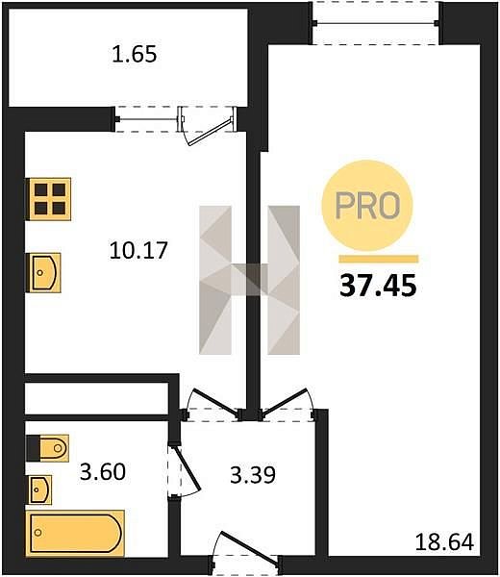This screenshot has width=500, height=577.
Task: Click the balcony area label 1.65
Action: [x=135, y=54]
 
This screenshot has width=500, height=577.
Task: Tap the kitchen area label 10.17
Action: [x=138, y=250]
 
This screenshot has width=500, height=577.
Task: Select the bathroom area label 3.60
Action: [x=103, y=471]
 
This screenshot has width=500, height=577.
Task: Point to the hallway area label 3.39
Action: [x=253, y=475]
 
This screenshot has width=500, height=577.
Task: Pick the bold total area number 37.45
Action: [x=378, y=286]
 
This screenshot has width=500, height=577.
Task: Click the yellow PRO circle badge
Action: [x=367, y=206]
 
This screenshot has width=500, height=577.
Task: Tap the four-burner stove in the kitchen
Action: [x=48, y=199]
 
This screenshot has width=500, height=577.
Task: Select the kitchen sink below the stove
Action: [x=43, y=273]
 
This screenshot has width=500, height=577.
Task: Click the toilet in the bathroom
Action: [x=47, y=448]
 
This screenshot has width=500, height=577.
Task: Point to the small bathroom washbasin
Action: [x=38, y=489]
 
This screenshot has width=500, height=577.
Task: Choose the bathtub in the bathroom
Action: [x=75, y=533]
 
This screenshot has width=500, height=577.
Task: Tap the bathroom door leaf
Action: [x=187, y=468]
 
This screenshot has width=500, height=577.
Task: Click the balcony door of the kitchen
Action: [x=209, y=126]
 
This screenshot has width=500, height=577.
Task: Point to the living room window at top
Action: [x=376, y=23]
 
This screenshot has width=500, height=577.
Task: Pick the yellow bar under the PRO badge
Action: [x=378, y=259]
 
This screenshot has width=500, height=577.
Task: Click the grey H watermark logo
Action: [x=249, y=280]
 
